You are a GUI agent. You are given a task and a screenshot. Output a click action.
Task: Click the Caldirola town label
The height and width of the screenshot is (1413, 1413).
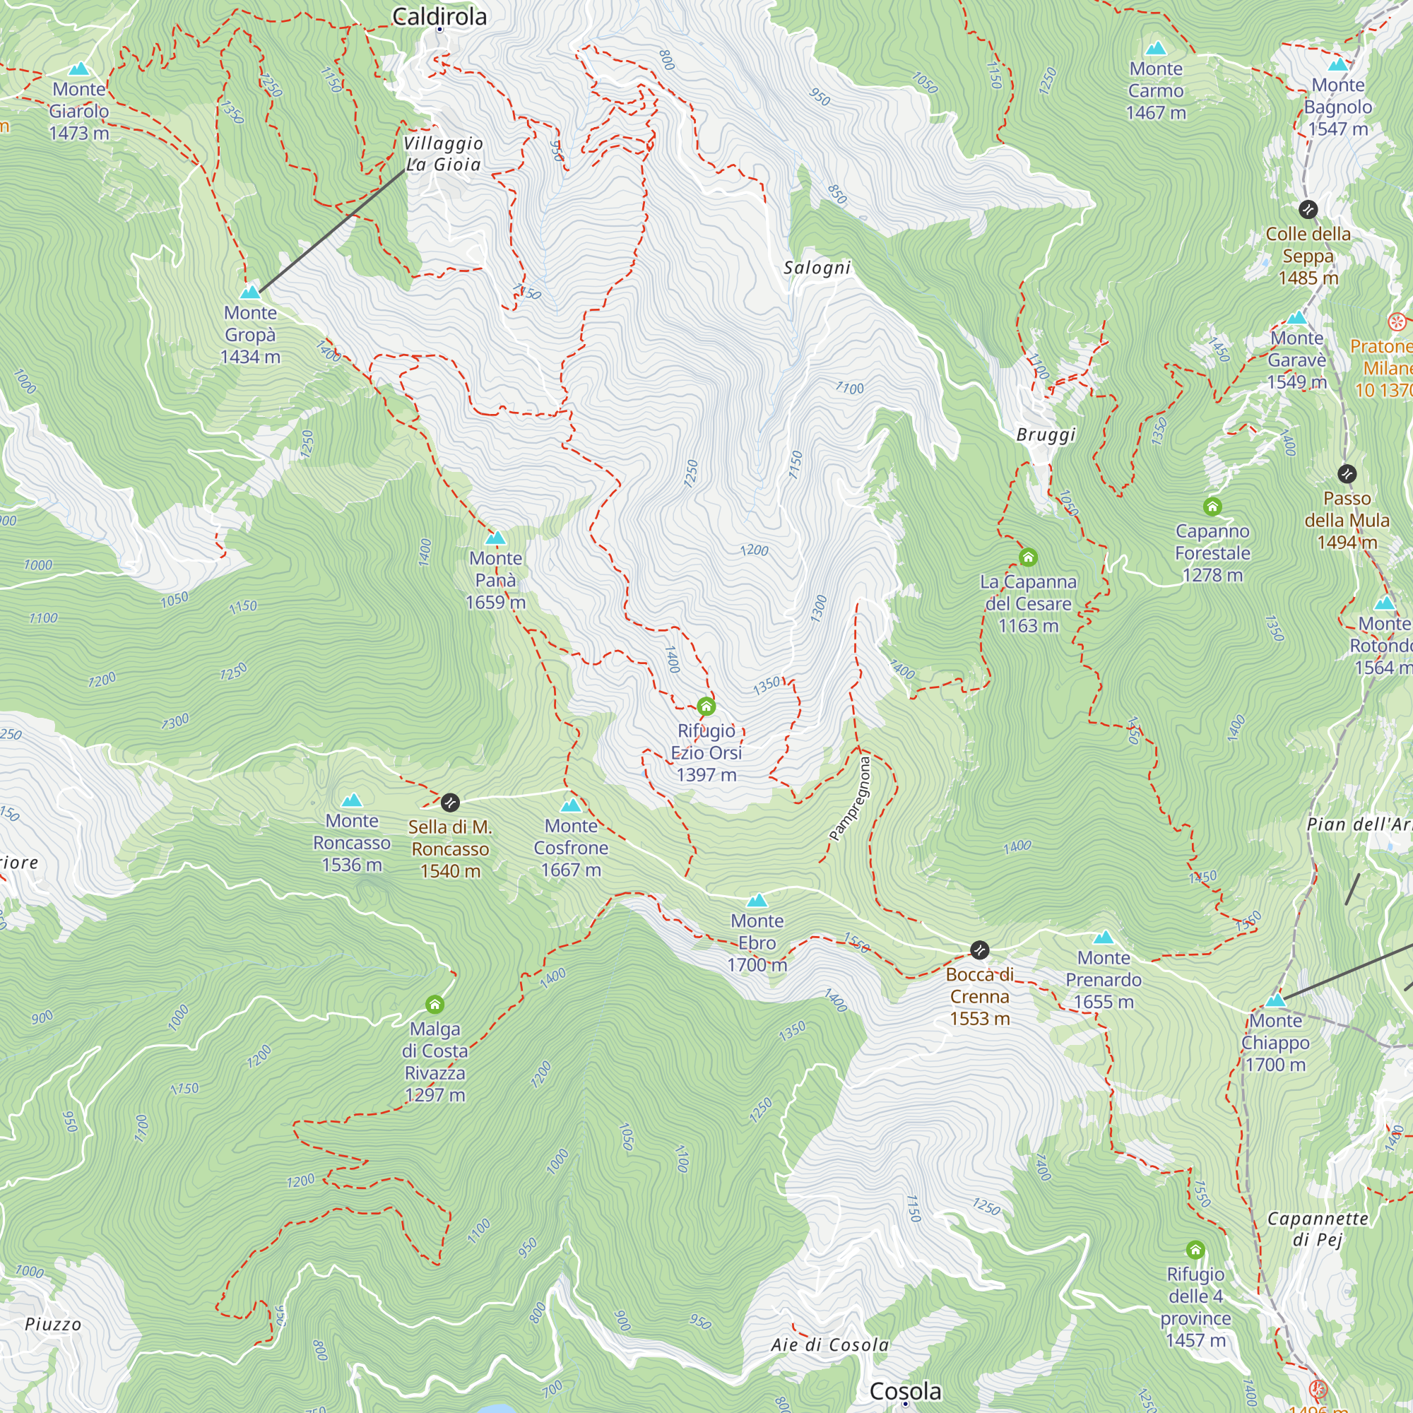[439, 16]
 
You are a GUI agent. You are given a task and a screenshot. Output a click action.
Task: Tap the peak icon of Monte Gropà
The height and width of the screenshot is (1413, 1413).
[250, 292]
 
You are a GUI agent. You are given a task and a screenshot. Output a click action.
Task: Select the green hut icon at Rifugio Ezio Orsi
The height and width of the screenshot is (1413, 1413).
[706, 706]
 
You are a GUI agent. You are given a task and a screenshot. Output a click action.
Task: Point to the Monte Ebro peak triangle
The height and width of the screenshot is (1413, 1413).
[757, 900]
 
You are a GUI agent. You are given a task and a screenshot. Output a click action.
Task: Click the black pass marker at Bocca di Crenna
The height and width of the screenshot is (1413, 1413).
[979, 950]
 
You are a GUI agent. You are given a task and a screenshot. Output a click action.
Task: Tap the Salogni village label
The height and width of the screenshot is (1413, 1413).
[817, 268]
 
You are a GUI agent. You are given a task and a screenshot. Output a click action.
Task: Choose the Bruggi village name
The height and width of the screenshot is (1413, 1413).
[1046, 434]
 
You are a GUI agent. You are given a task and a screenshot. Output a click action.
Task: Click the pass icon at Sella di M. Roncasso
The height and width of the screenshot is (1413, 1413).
[450, 803]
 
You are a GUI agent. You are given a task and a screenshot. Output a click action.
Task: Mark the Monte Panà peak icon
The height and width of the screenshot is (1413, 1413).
[496, 538]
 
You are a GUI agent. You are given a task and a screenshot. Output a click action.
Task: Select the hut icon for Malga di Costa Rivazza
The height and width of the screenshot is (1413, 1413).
[434, 1003]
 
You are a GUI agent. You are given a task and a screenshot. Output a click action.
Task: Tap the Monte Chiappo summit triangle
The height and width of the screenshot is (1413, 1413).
[1275, 1000]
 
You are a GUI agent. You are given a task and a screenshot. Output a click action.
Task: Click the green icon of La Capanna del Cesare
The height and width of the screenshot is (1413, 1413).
[1027, 557]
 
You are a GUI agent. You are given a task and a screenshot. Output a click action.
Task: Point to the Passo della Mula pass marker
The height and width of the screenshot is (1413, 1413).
[1347, 474]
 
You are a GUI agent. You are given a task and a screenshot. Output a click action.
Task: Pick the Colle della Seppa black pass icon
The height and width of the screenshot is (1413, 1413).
[1308, 210]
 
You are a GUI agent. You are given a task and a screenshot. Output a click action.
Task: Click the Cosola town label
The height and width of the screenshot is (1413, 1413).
[905, 1390]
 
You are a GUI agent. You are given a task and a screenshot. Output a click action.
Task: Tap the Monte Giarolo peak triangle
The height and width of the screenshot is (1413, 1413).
[78, 69]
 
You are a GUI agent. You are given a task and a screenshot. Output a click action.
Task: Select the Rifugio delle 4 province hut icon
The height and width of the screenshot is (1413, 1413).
[1195, 1249]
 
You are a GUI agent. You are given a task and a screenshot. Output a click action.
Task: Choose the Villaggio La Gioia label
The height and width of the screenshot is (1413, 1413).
[443, 153]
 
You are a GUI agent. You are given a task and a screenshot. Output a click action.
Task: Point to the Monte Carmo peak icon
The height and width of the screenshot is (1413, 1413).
[1156, 49]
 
